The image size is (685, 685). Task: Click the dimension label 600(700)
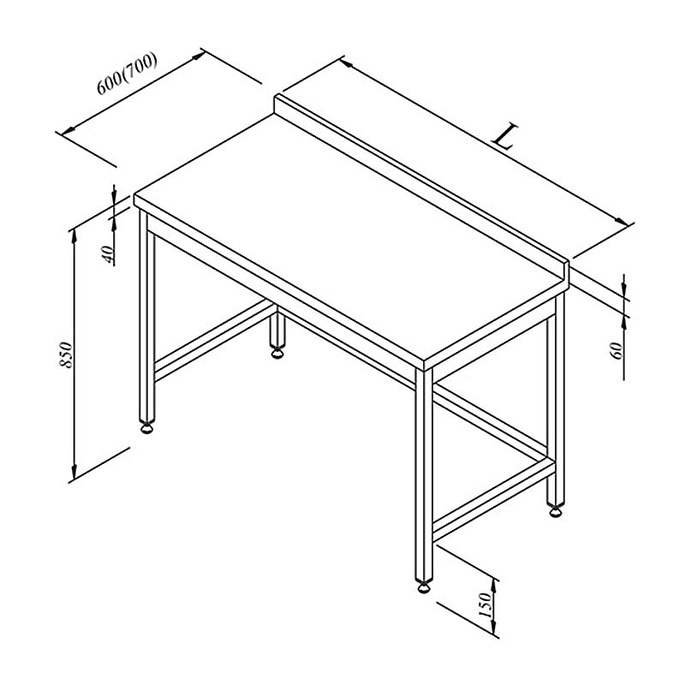[x=127, y=74]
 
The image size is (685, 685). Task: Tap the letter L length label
[x=505, y=136]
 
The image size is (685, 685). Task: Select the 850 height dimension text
[x=66, y=354]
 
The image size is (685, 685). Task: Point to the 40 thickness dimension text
[x=108, y=254]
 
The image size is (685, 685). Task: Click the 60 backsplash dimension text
[x=616, y=350]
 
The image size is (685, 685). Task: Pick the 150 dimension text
[x=485, y=605]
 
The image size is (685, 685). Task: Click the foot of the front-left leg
[x=147, y=427]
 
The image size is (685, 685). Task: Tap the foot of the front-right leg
[x=424, y=587]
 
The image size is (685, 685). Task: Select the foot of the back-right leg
[x=556, y=510]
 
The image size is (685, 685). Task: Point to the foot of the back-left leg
[x=277, y=352]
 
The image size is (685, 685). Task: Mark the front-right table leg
[x=424, y=476]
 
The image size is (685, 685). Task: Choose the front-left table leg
[x=147, y=317]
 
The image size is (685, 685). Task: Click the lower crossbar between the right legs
[x=494, y=499]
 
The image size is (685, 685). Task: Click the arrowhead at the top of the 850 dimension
[x=74, y=236]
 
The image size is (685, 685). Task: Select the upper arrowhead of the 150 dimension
[x=495, y=586]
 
